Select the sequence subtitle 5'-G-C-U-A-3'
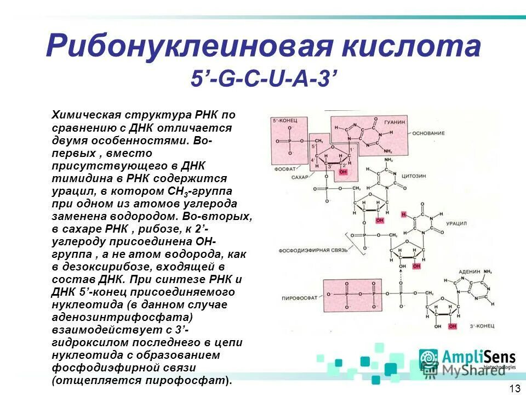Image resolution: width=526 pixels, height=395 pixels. [262, 80]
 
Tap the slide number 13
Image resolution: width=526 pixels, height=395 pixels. [514, 388]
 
